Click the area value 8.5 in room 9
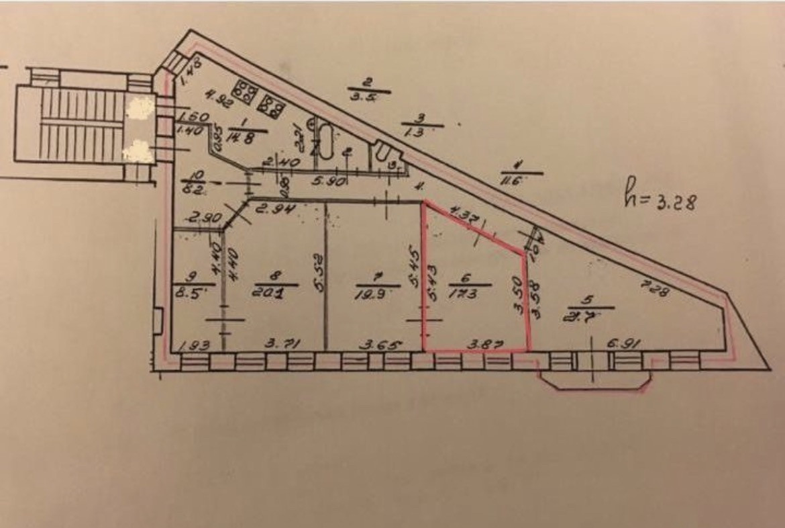[190, 294]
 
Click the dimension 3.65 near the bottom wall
[381, 345]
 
